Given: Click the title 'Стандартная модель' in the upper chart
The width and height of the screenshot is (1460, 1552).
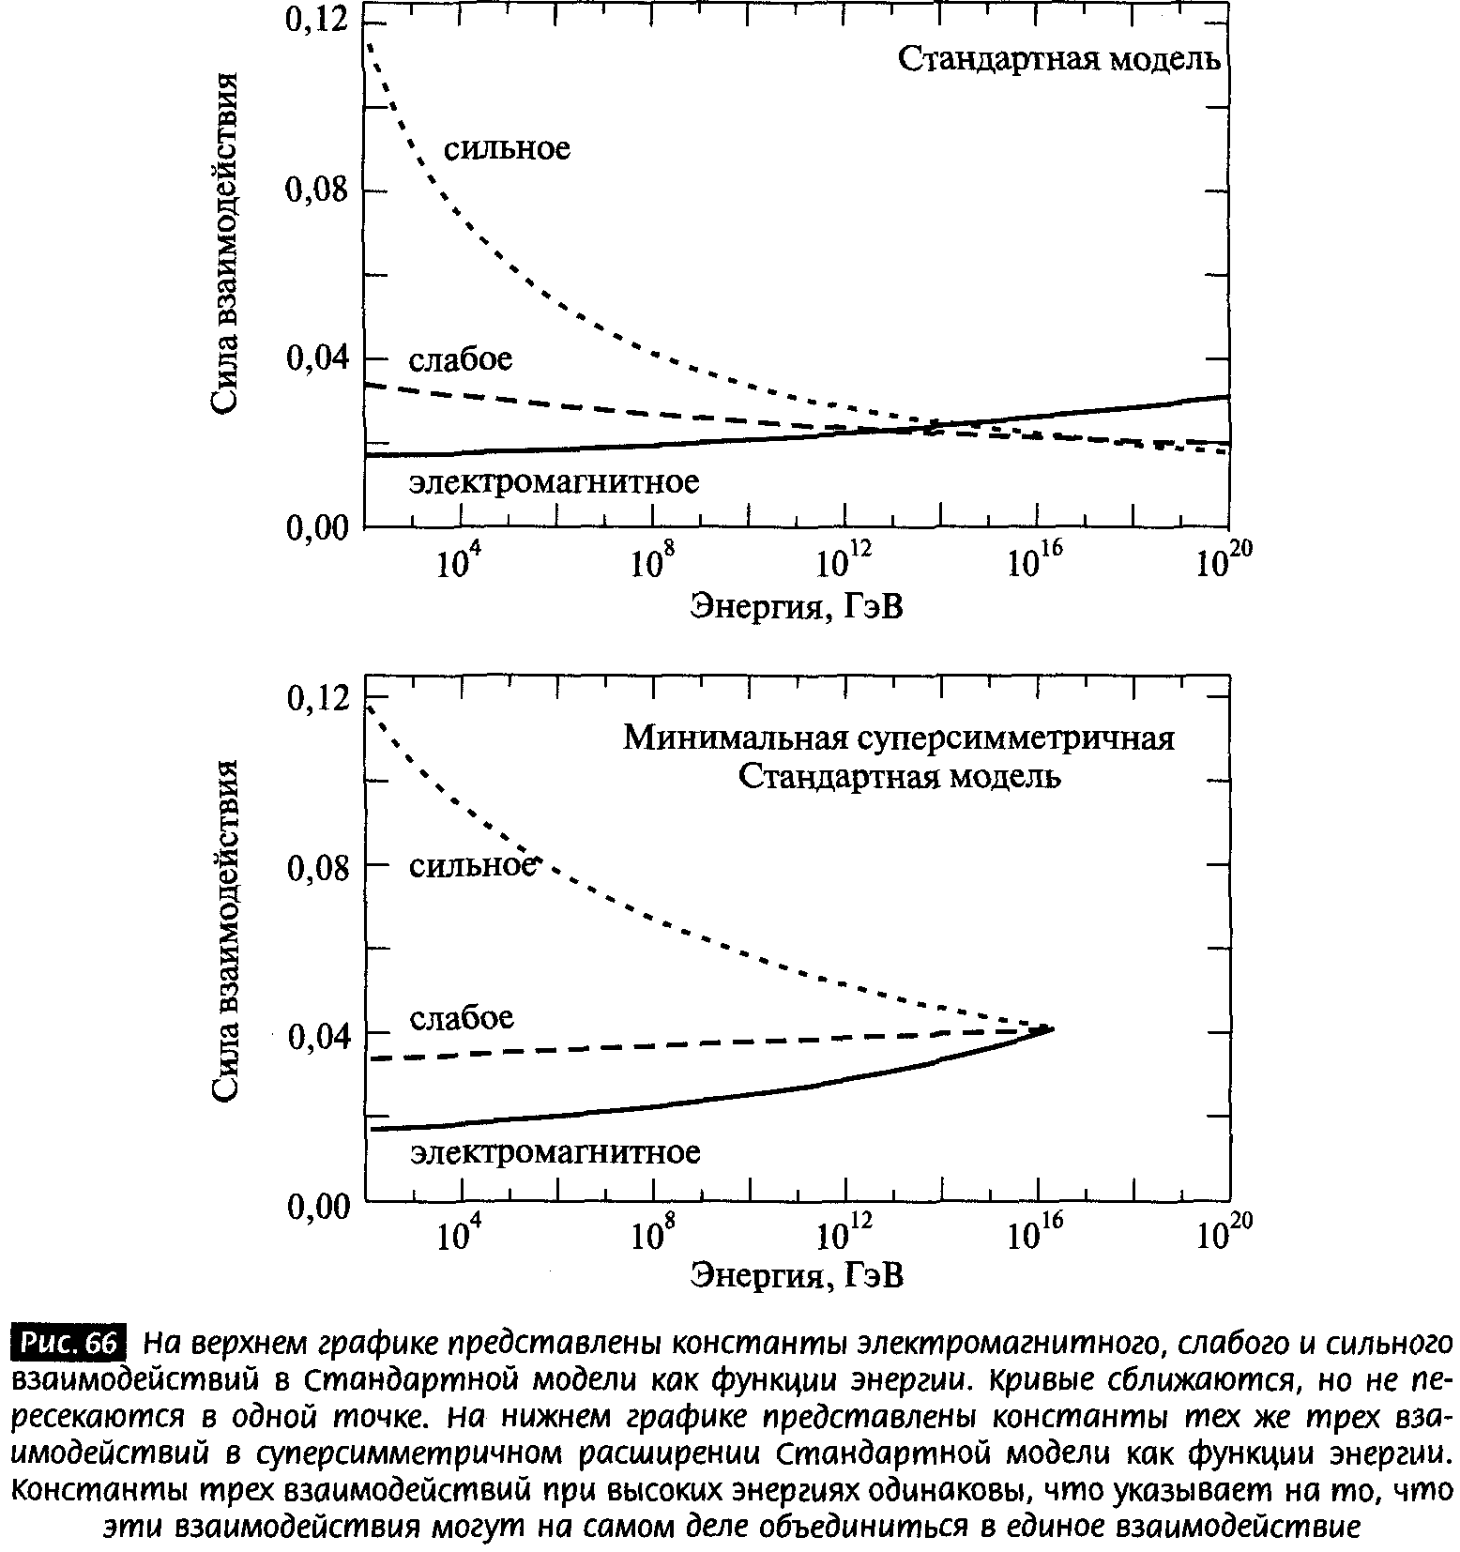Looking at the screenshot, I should click(x=1059, y=60).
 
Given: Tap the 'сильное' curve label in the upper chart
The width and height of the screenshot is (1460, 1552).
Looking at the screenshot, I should click(x=507, y=149).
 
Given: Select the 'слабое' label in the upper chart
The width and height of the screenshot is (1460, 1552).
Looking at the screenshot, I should click(x=461, y=359).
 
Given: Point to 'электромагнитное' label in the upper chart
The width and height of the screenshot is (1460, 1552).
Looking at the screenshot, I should click(x=555, y=482).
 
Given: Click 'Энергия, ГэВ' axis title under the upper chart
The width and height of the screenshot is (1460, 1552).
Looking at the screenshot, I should click(x=798, y=606).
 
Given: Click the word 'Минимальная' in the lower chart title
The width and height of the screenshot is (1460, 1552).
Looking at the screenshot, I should click(x=737, y=738).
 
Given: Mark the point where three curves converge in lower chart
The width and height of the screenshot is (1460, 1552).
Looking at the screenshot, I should click(x=1052, y=1029).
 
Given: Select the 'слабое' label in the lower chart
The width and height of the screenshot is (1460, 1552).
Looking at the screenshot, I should click(x=462, y=1018).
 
